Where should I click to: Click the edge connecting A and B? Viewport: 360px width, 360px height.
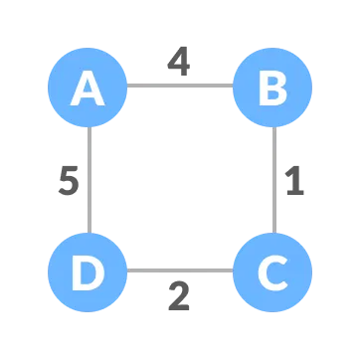point(180,86)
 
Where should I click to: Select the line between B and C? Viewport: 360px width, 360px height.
point(272,179)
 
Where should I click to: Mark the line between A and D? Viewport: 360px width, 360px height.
point(89,179)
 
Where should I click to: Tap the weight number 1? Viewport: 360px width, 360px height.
point(293,181)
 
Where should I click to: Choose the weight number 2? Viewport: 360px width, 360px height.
point(178,296)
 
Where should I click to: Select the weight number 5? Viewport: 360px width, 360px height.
point(67,182)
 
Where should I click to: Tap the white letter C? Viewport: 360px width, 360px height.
point(272,271)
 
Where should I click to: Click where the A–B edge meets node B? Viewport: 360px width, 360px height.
point(234,86)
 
